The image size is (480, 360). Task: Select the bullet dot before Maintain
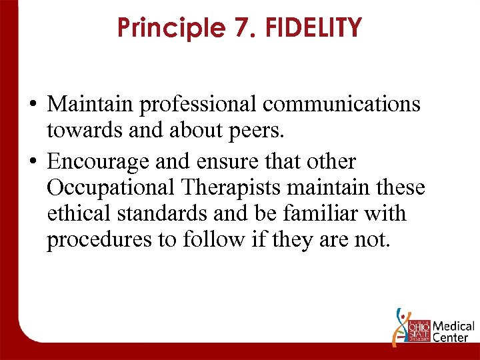tap(33, 105)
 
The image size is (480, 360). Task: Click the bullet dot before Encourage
tap(33, 161)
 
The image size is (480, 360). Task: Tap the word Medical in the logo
tap(453, 327)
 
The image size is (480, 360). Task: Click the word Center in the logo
tap(450, 338)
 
